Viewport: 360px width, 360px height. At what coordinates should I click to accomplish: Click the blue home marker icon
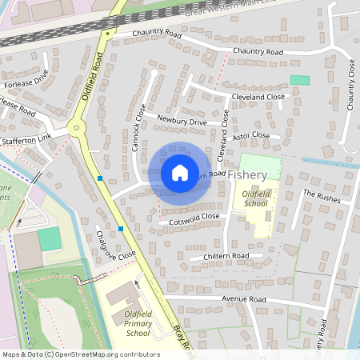(180, 172)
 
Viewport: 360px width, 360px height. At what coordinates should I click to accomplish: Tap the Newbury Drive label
(182, 121)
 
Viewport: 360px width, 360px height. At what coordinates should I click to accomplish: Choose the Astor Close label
(251, 136)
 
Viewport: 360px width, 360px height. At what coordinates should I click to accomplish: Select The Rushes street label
(321, 194)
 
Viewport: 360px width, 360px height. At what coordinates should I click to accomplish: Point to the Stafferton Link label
(26, 140)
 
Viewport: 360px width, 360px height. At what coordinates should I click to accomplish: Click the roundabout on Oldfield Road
(77, 126)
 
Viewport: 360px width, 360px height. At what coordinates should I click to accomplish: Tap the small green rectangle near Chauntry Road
(300, 80)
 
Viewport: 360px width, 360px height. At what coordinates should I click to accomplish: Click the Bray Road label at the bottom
(184, 340)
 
